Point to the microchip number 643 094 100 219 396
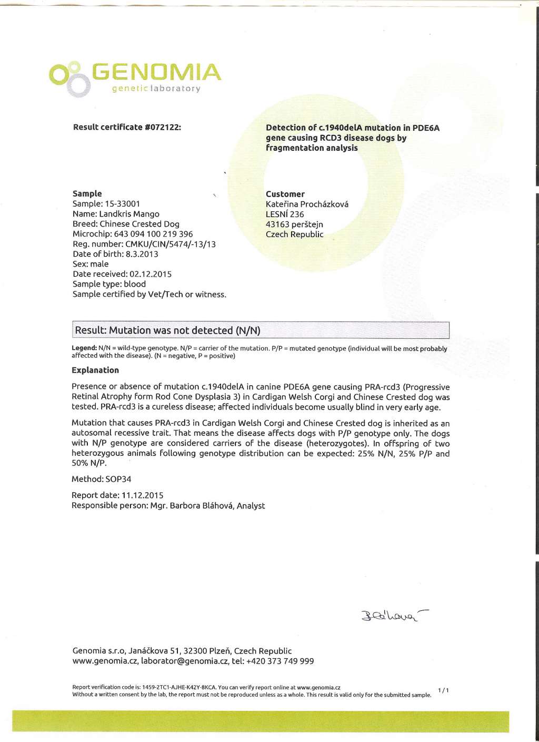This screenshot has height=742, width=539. click(153, 234)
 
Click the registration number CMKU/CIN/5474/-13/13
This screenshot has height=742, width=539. click(171, 244)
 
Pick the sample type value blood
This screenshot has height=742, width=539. click(135, 284)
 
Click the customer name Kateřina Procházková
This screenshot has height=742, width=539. click(307, 204)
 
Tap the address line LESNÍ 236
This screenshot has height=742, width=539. click(285, 214)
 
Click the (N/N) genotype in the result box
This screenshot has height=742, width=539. click(248, 330)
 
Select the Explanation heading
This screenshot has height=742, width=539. click(95, 370)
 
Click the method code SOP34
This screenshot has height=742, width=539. click(118, 479)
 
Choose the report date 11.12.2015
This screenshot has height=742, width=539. click(143, 495)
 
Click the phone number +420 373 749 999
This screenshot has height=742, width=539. click(280, 661)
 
